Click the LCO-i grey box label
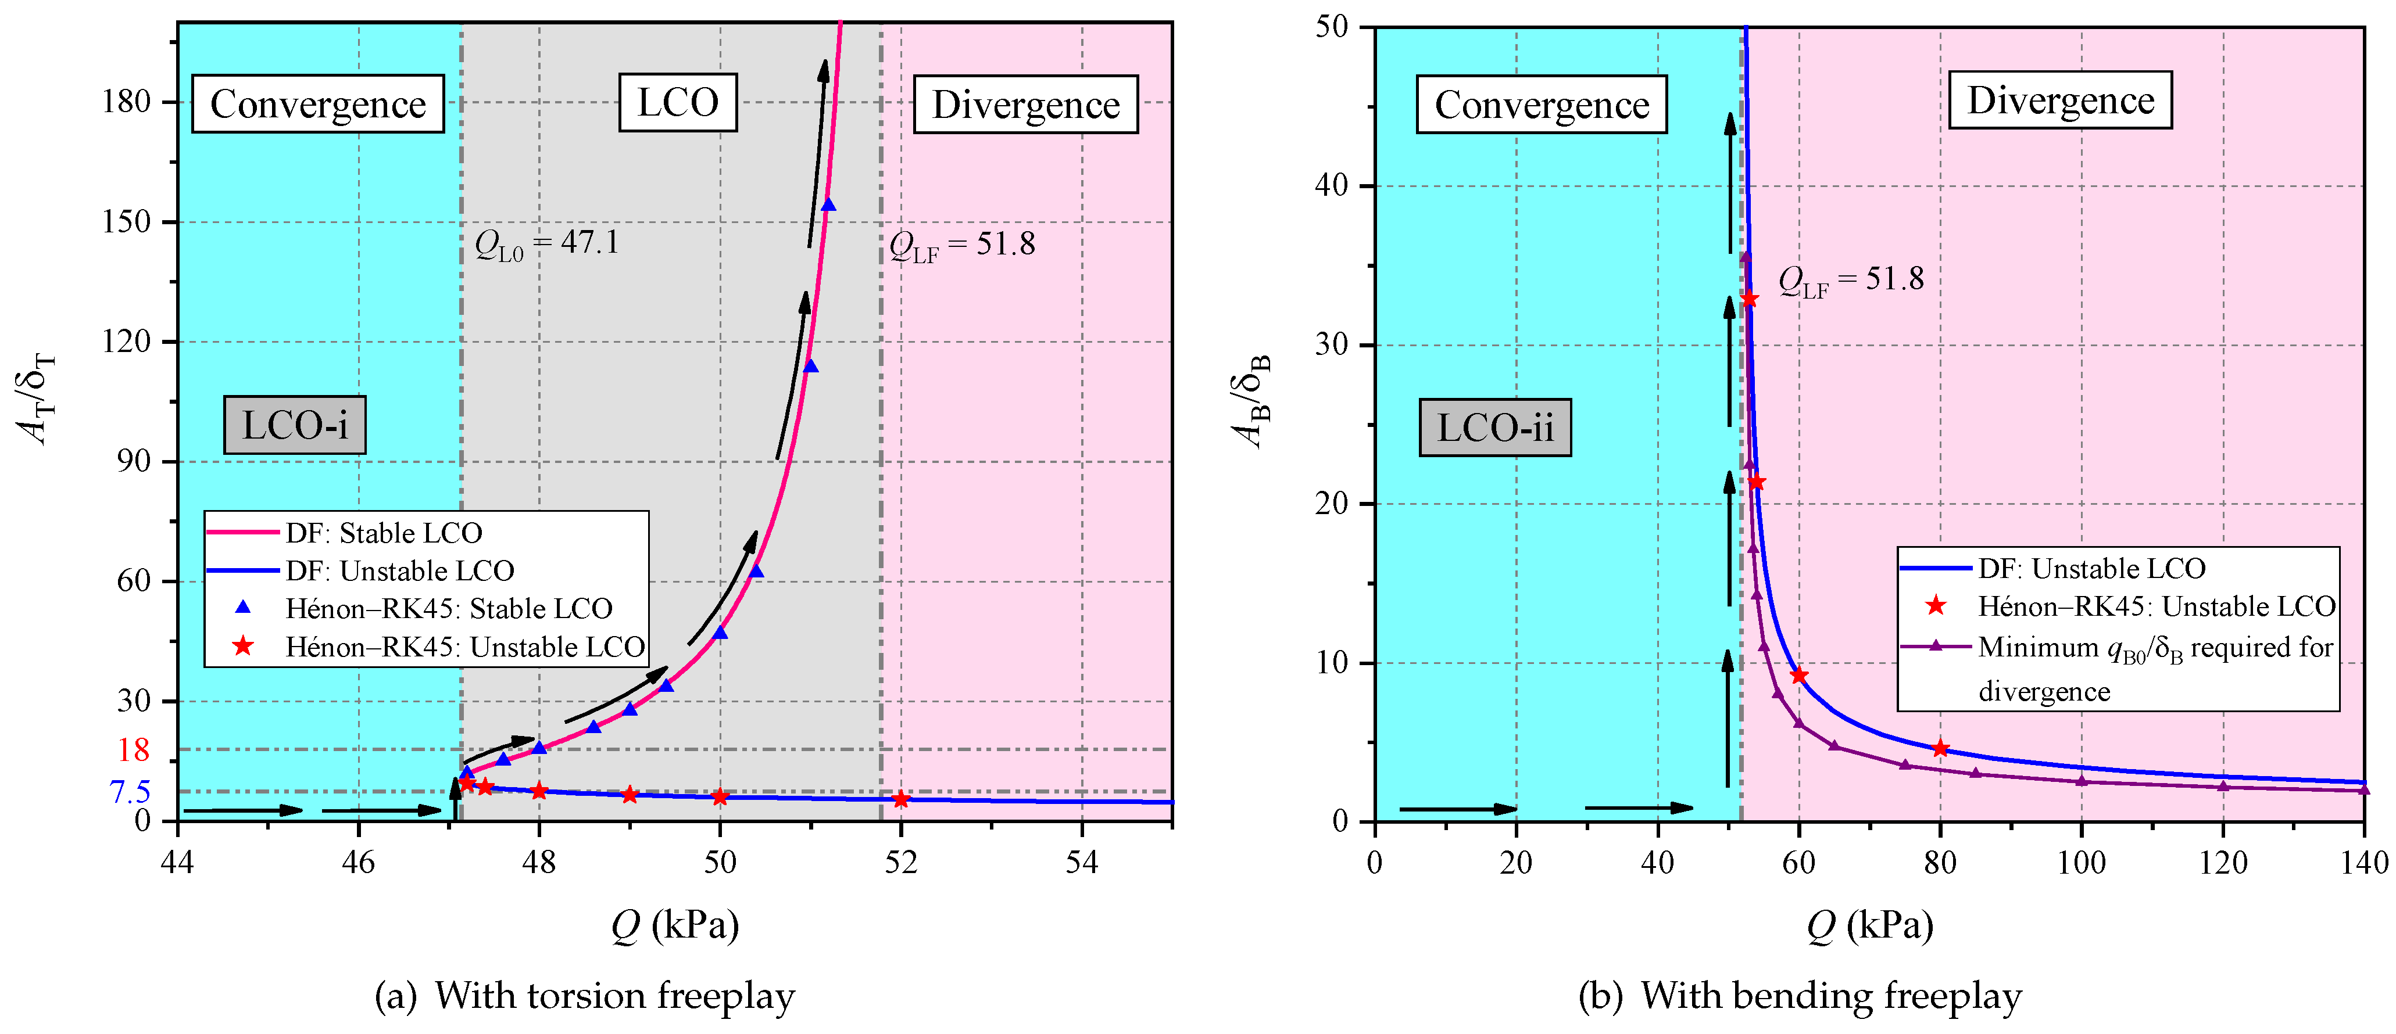[x=295, y=425]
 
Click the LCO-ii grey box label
[x=1494, y=428]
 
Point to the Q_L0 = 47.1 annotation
[x=547, y=243]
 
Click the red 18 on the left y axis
[x=133, y=749]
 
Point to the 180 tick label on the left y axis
[x=127, y=101]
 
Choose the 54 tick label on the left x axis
[x=1082, y=863]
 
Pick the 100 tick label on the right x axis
[x=2081, y=863]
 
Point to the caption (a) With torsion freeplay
[x=584, y=996]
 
